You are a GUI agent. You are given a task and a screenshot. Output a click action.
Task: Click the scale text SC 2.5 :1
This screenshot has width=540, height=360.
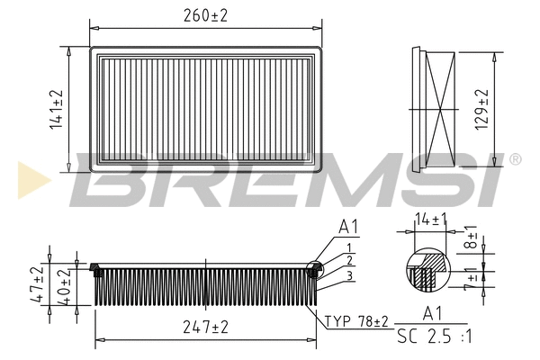coord(432,340)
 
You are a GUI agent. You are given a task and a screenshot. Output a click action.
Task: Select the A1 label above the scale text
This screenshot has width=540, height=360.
coord(432,313)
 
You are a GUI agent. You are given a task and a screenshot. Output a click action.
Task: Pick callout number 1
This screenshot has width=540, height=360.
coord(347,247)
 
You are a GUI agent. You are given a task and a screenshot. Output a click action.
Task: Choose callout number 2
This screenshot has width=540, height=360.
coord(347,260)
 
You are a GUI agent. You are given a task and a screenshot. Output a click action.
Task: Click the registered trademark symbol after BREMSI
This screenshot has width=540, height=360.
coord(515,159)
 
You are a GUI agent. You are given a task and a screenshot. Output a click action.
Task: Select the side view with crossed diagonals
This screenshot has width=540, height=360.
coord(441,109)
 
